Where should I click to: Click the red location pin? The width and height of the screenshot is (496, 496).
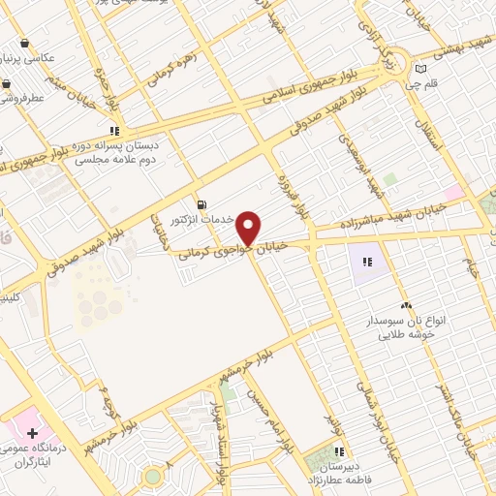250,228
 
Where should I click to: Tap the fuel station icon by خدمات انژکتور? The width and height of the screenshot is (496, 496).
201,204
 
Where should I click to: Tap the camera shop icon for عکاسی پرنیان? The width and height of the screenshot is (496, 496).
24,44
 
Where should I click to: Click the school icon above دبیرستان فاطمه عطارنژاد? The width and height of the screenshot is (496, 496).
339,450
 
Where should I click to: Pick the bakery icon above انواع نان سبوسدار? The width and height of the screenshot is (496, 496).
406,305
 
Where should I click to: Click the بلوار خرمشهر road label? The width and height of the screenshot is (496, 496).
238,373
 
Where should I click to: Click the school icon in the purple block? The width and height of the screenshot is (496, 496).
367,261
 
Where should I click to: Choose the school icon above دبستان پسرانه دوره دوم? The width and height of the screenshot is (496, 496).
114,130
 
